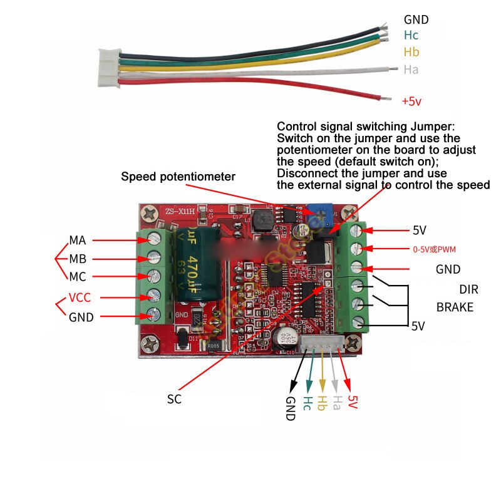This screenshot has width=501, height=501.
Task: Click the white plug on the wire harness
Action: coord(105,68)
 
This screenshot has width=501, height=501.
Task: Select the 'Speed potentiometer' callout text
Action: coord(178,177)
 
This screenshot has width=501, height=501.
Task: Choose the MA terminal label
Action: coord(78,240)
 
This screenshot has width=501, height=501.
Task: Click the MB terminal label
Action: coord(78,259)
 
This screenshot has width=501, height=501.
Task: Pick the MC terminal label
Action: coord(78,276)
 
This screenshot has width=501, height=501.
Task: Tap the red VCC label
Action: coord(81,297)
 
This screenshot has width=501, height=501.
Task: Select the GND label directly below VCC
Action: coord(81,317)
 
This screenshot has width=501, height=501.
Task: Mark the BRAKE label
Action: coord(455,307)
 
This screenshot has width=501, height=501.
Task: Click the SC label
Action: coord(174,399)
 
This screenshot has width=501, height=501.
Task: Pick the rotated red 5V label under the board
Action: coord(353,401)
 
